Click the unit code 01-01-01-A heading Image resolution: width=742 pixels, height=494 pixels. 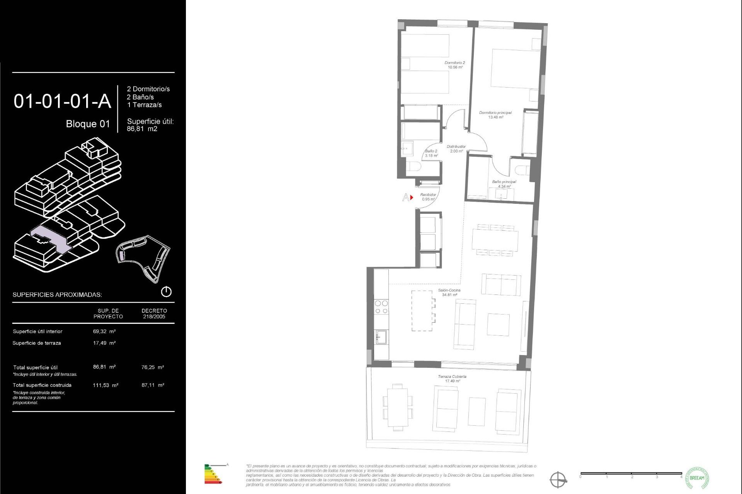click(62, 102)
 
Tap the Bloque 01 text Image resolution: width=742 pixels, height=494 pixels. click(88, 124)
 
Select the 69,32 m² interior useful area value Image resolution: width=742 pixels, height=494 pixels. click(104, 331)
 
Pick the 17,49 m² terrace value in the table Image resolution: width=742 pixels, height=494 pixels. click(104, 343)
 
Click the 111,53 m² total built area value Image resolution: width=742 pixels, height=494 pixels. click(105, 385)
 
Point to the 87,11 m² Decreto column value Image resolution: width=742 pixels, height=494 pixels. click(153, 385)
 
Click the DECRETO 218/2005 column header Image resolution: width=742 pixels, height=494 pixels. click(154, 313)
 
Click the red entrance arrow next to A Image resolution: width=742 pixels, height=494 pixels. click(412, 197)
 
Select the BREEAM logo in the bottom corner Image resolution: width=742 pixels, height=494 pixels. click(697, 478)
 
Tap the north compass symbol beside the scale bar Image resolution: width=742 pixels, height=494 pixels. click(558, 480)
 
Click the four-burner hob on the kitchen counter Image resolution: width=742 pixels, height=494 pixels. click(381, 307)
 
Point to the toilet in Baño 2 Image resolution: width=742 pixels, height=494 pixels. click(414, 167)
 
